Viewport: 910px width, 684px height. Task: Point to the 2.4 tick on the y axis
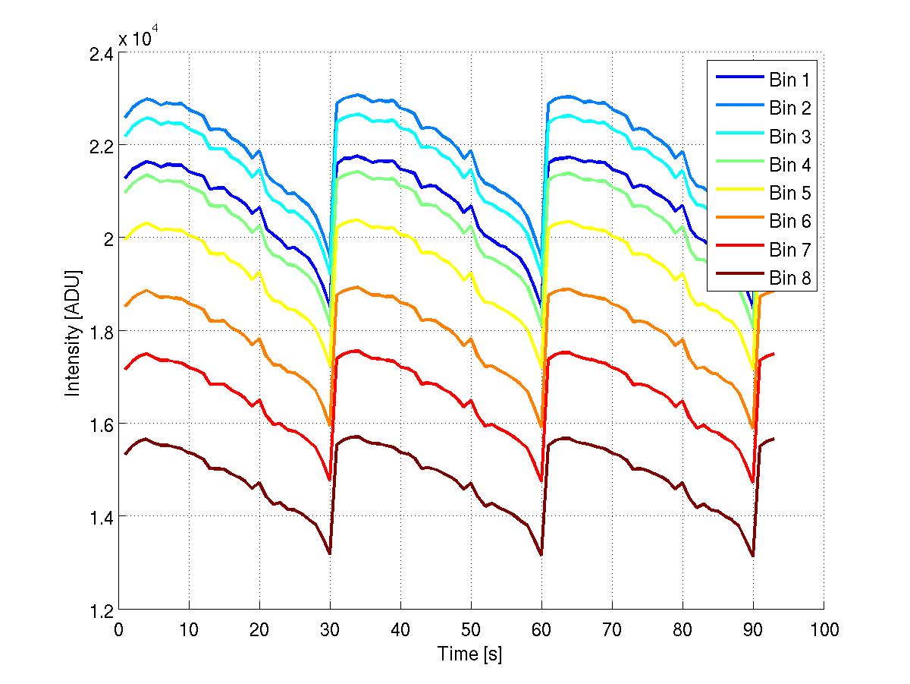coord(100,54)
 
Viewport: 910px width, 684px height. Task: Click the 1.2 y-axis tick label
coord(100,610)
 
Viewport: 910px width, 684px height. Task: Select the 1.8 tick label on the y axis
coord(100,332)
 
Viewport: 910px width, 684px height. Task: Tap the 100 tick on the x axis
coord(824,629)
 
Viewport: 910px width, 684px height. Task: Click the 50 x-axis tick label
coord(471,629)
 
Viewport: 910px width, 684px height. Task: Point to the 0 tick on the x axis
coord(119,629)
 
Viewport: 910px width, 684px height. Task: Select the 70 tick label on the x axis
coord(612,629)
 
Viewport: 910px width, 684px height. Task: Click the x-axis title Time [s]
coord(470,654)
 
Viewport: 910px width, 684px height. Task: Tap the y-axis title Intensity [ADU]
coord(73,332)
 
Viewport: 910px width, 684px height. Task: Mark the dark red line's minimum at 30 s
coord(330,554)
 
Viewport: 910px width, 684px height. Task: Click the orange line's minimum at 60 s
coord(541,428)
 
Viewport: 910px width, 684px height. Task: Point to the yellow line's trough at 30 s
coord(330,367)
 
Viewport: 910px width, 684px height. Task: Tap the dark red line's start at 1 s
coord(126,454)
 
